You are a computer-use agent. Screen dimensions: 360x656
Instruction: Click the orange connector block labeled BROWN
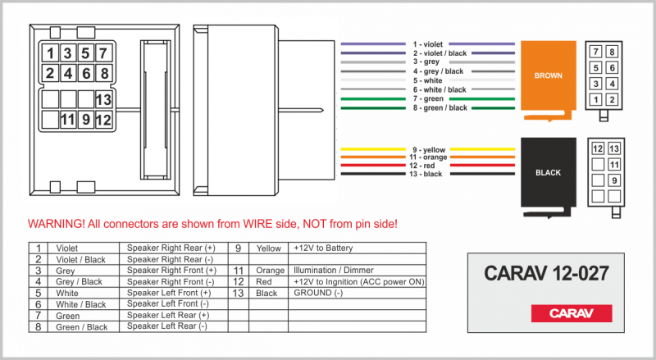[548, 75]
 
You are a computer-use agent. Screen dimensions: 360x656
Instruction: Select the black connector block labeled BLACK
[548, 173]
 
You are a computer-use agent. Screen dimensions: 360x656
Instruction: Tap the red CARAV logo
[572, 312]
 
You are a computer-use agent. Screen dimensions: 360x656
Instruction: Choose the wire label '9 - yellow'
[429, 149]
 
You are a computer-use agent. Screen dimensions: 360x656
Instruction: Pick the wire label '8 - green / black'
[440, 107]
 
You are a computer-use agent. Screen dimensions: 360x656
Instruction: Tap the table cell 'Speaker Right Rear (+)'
[171, 247]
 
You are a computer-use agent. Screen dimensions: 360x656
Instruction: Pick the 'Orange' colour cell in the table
[270, 270]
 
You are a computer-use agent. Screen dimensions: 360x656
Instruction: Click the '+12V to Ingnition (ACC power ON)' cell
[358, 281]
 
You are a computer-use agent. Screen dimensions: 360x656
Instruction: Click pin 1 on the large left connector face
[51, 54]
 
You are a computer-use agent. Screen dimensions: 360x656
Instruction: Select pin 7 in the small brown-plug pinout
[596, 52]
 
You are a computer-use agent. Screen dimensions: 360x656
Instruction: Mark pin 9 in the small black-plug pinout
[612, 180]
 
